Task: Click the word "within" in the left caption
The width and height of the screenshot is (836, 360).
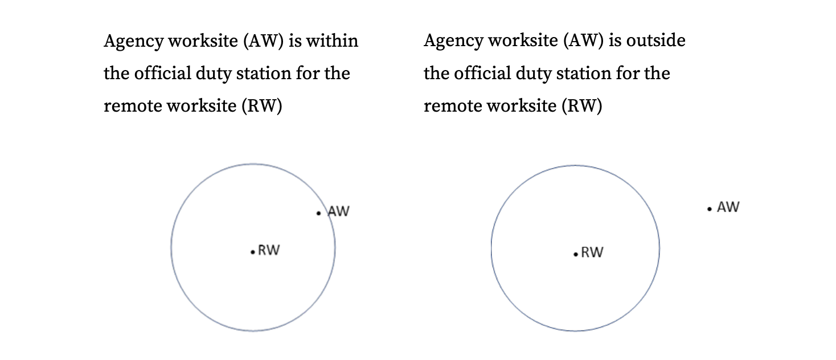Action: pos(332,40)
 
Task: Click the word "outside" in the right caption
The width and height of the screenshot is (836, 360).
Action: pos(655,40)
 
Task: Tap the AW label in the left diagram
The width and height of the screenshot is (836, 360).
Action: pos(338,211)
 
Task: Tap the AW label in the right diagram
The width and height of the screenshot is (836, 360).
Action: pos(728,207)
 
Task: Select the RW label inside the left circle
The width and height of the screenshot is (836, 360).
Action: pos(269,250)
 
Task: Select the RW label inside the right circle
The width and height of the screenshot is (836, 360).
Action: pos(592,252)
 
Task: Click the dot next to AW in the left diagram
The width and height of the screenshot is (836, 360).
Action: pos(318,213)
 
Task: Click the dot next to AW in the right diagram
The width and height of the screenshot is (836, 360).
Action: pos(709,209)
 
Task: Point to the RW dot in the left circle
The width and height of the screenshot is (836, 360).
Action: pos(253,252)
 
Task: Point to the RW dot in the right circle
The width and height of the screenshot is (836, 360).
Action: pos(576,254)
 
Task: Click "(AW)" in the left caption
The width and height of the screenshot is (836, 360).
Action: pos(264,40)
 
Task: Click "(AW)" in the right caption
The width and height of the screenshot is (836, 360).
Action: pos(583,40)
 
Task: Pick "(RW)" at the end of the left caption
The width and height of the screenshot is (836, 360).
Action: pos(261,106)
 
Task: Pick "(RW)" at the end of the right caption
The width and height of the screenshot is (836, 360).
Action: pos(582,106)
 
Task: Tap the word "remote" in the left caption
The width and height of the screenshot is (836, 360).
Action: pos(133,106)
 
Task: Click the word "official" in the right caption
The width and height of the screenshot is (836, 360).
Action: pos(482,73)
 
